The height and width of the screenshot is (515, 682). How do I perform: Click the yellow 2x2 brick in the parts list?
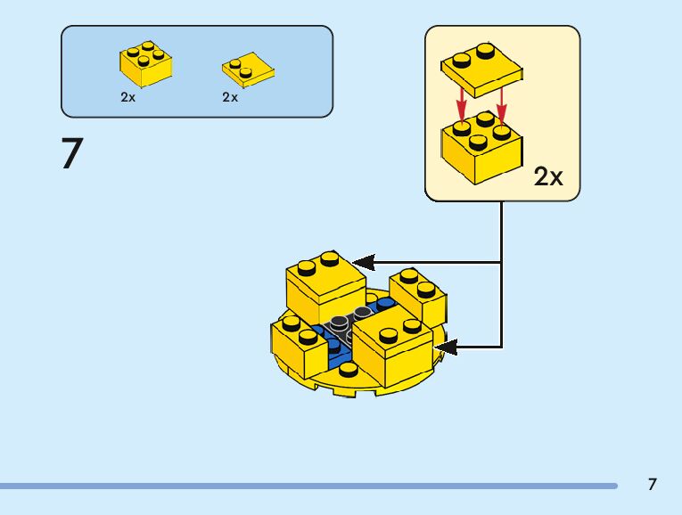point(144,62)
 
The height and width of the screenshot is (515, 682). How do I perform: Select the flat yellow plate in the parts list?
point(247,68)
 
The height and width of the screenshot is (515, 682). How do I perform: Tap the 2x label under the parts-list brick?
point(128,98)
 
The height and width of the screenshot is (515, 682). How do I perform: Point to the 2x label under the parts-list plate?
point(231,98)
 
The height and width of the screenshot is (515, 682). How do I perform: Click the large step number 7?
point(71,153)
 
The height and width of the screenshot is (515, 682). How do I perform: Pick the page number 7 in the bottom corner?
point(653,485)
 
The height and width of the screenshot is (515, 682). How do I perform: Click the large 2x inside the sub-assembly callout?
point(548,176)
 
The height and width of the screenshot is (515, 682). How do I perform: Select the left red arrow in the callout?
point(462,103)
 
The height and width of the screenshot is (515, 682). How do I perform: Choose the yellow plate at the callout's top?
point(481,67)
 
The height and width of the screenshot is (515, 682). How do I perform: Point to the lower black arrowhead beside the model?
point(445,347)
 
